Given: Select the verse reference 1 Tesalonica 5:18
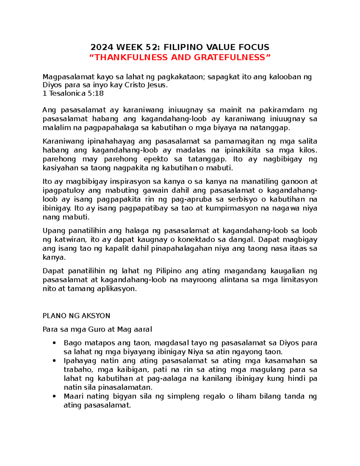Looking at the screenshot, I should coord(73,93).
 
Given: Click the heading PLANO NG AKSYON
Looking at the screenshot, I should coord(76,316).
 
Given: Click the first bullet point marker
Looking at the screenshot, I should coord(54,343).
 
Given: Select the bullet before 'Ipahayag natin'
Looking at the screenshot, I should coord(54,361).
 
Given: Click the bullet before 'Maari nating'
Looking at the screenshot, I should coord(54,396).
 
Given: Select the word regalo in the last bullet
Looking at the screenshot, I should coord(214,396).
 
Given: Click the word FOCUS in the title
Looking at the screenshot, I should coord(254,47).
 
